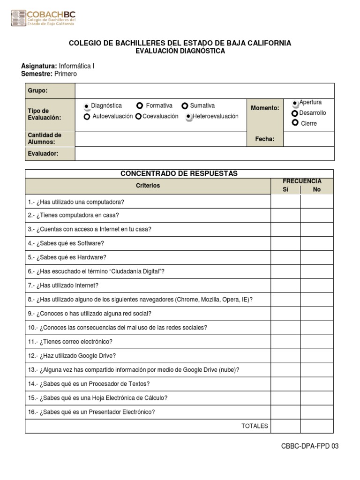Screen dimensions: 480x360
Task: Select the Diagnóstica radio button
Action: (87, 106)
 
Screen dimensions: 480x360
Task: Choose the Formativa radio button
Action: (140, 106)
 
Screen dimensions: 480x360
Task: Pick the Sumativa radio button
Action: (185, 106)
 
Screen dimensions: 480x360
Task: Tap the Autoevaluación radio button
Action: (87, 117)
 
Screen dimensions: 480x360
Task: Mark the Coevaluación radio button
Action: (138, 117)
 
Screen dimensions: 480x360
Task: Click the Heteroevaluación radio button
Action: (188, 117)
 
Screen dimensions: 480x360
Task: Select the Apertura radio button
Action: (295, 103)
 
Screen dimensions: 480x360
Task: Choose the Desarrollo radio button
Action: (294, 113)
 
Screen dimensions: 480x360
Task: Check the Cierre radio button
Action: (295, 123)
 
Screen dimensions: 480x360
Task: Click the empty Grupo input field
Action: (204, 90)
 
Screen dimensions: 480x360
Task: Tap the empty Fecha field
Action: (308, 139)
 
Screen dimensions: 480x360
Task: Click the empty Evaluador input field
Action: (204, 153)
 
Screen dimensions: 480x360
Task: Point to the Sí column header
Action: (285, 189)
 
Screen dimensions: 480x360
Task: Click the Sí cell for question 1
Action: (285, 202)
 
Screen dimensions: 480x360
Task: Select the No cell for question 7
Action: (317, 285)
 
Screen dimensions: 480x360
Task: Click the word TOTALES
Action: (255, 426)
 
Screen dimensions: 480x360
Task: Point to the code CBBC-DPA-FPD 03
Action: (309, 446)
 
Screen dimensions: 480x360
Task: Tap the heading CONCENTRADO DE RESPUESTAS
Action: (179, 173)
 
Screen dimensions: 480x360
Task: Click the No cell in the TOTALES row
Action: (317, 426)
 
